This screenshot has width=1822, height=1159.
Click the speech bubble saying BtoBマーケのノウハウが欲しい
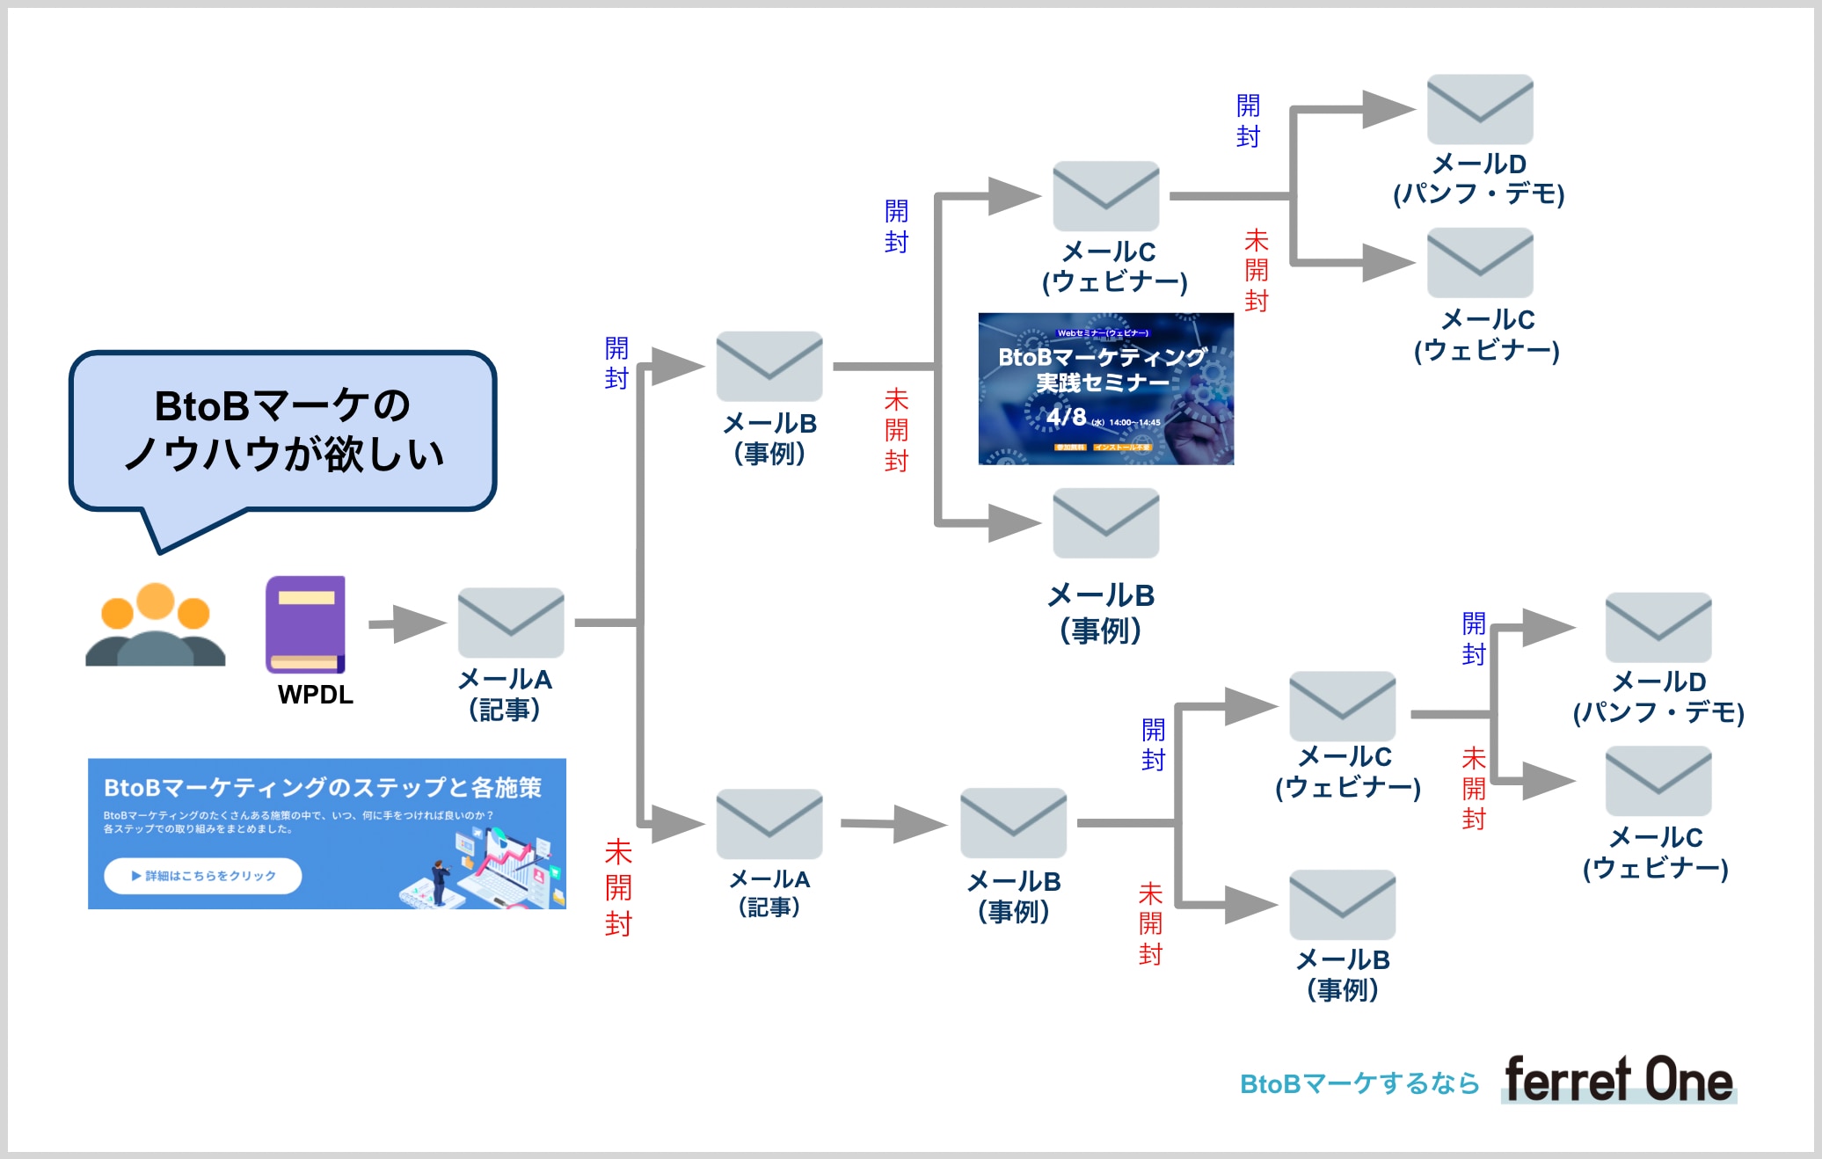(283, 430)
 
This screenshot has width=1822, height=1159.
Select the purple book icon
(305, 623)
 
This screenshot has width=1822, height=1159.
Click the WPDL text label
(315, 695)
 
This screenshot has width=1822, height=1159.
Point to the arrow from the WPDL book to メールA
(406, 623)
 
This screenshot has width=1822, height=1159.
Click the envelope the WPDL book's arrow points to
(510, 623)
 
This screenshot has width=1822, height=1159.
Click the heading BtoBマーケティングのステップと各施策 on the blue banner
(322, 787)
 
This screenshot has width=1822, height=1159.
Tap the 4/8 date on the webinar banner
(1066, 416)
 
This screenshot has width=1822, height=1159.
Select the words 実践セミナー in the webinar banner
(1103, 383)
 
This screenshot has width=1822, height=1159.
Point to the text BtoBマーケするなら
(1359, 1083)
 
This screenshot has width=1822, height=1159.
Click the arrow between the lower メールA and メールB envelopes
(893, 824)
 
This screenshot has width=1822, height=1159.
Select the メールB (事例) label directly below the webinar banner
(1101, 612)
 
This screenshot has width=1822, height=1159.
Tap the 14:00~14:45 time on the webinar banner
(1134, 423)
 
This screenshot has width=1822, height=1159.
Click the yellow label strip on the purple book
(306, 598)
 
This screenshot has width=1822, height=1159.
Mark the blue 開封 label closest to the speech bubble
(616, 363)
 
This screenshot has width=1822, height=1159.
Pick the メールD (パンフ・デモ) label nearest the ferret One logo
(1658, 696)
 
